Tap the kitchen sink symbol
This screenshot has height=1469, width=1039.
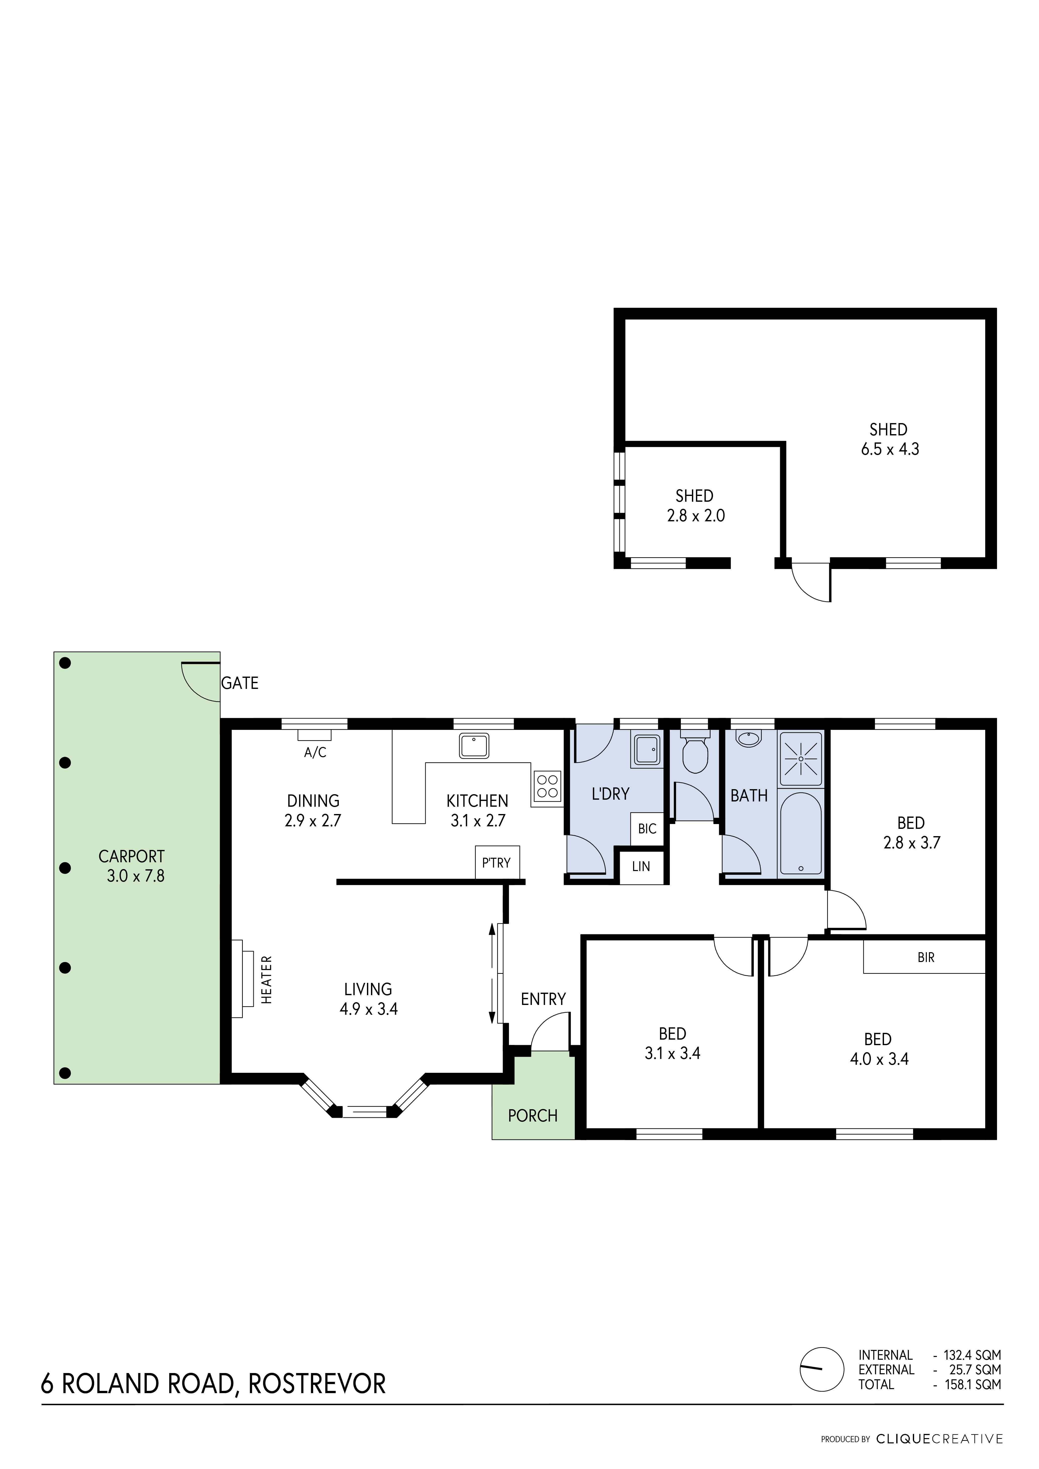pos(474,745)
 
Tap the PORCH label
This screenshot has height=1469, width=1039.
pos(533,1116)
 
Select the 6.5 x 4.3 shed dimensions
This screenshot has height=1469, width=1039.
pos(890,449)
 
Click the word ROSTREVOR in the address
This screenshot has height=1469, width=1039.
pos(317,1384)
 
